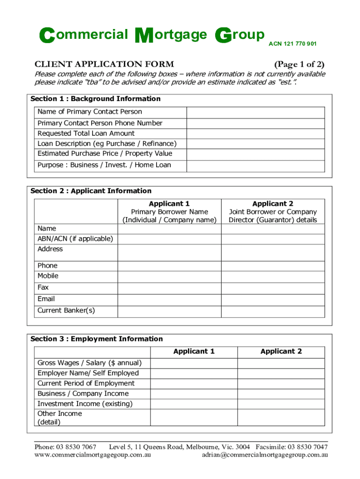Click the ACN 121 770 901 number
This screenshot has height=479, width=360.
[292, 44]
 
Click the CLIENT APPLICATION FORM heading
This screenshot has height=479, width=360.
[104, 64]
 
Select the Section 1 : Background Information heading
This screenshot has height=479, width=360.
[95, 99]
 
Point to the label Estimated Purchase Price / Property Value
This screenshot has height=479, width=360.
[105, 153]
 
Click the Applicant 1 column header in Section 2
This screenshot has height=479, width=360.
[169, 203]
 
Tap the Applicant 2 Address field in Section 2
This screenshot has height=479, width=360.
[273, 253]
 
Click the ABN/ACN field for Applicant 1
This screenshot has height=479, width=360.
[169, 239]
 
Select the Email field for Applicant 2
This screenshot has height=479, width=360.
[273, 299]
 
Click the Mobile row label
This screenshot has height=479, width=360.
[48, 276]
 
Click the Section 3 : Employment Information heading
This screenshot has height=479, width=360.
[97, 339]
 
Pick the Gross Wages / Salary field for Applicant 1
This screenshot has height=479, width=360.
[194, 363]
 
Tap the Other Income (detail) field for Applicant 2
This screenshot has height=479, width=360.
[281, 418]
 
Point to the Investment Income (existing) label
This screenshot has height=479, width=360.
[85, 404]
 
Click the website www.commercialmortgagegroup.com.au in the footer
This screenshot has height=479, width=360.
[93, 454]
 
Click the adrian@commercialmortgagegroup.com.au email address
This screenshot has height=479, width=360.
[265, 454]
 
